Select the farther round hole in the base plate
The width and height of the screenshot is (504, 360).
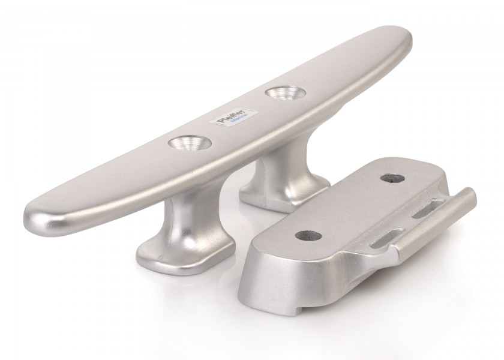387,179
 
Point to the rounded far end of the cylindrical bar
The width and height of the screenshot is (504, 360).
471,196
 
